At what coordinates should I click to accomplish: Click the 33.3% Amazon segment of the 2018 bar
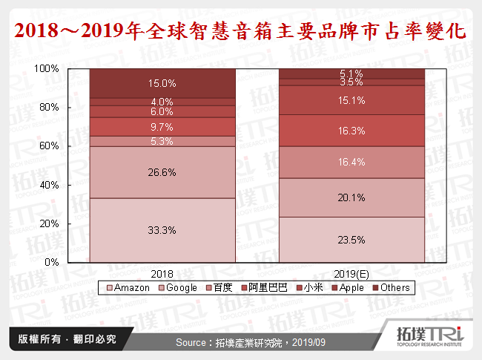(162, 230)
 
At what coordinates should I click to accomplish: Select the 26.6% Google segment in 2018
(162, 172)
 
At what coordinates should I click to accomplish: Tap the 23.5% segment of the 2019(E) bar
(351, 239)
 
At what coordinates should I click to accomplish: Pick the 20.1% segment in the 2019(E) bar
(351, 197)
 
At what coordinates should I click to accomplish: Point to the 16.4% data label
(351, 162)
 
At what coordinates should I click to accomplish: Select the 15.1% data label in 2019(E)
(351, 99)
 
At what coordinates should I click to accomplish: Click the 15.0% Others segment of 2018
(162, 83)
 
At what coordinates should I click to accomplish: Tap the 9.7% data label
(162, 127)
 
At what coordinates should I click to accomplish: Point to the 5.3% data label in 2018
(162, 141)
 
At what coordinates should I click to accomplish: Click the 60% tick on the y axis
(50, 146)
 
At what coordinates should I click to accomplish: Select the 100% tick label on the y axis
(47, 68)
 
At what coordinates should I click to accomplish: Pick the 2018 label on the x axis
(162, 272)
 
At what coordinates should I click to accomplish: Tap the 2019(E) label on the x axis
(351, 272)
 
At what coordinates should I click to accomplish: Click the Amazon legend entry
(131, 287)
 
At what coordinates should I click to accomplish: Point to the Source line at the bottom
(250, 342)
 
